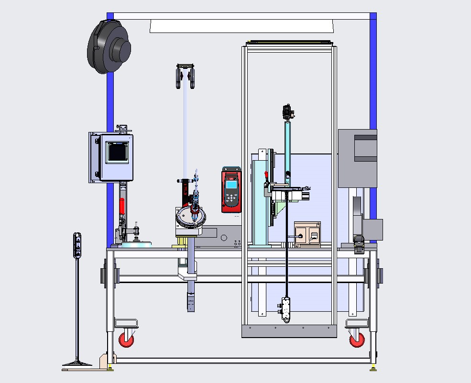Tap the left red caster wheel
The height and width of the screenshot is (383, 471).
coord(126,339)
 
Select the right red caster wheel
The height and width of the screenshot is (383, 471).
coord(357,339)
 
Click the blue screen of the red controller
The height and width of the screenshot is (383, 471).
coord(231,185)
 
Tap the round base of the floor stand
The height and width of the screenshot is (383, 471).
coord(77,364)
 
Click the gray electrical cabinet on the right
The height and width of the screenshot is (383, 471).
coord(357,158)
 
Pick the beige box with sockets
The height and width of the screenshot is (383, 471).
coord(307,234)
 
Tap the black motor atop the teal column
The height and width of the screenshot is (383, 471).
coord(287,111)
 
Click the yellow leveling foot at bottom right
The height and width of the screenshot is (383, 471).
coord(372,368)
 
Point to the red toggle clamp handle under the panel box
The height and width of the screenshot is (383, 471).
coord(121,206)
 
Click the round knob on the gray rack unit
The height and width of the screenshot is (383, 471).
coord(224,237)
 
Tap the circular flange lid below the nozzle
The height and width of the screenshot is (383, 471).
coord(191,217)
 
